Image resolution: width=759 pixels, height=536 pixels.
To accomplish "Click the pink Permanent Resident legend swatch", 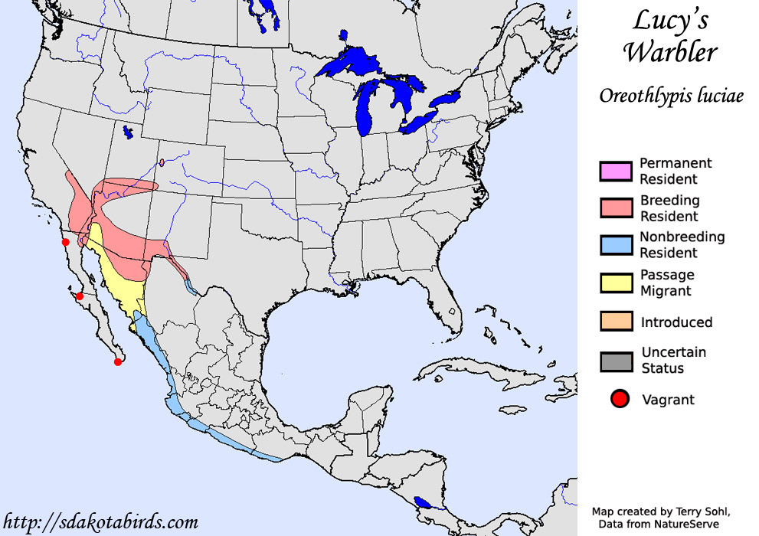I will (616, 171).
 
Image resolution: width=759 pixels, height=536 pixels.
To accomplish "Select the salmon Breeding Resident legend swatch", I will (616, 208).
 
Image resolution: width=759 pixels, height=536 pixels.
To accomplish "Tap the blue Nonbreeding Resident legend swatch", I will (616, 245).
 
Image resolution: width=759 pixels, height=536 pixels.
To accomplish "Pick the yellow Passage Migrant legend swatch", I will (616, 283).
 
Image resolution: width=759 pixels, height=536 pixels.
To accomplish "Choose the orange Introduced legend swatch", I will (616, 322).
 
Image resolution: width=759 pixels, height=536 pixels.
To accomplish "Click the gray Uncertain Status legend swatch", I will (616, 361).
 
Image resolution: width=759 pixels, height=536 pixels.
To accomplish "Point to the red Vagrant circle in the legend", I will (620, 398).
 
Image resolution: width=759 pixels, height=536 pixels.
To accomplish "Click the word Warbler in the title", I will (670, 53).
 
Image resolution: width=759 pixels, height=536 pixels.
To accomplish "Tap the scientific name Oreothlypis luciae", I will (671, 96).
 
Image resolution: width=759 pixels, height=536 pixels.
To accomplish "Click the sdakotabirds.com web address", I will (100, 523).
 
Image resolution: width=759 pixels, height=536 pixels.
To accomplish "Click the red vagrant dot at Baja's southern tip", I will (118, 361).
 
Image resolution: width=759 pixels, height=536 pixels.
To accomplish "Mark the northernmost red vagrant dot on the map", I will (66, 242).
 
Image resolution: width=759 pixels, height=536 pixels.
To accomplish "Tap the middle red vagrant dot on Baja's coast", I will (79, 296).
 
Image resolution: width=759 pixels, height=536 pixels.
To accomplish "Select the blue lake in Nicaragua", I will (422, 504).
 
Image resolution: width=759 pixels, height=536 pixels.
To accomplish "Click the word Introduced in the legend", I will (676, 322).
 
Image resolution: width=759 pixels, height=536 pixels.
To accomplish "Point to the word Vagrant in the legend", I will (668, 399).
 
